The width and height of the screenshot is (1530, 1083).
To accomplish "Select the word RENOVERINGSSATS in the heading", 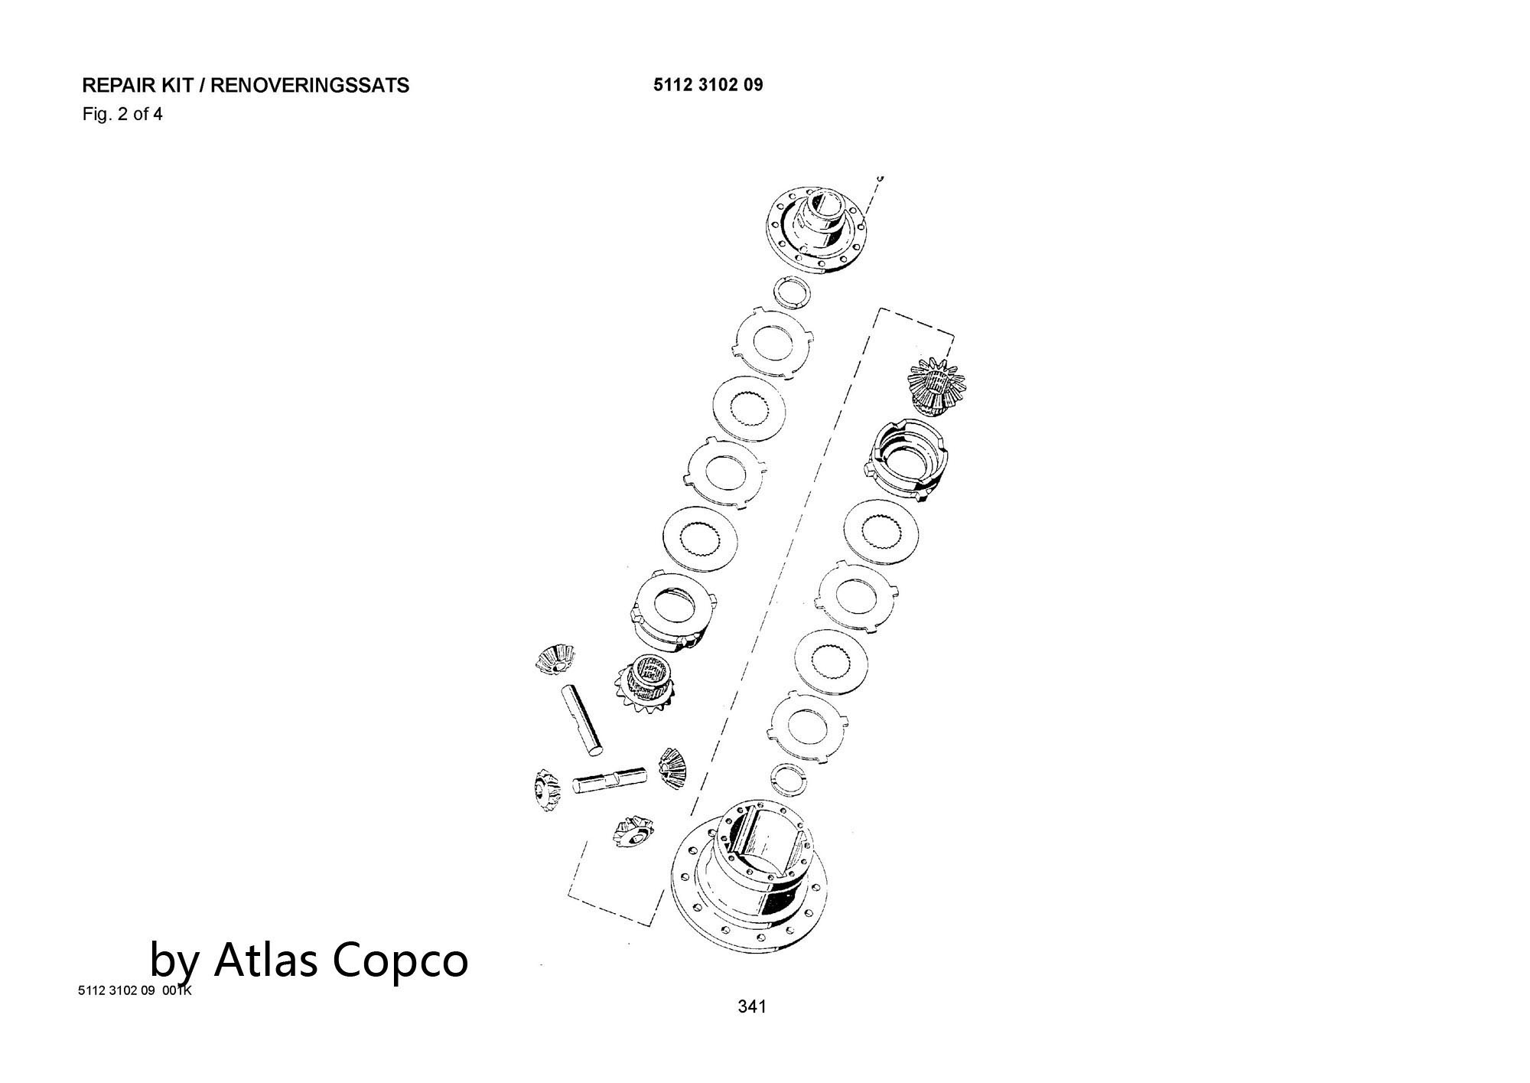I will [310, 85].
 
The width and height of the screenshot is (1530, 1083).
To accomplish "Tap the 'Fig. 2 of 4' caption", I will [122, 115].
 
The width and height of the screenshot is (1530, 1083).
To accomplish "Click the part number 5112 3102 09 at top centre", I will [708, 84].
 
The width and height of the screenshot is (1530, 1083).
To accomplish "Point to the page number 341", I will [752, 1006].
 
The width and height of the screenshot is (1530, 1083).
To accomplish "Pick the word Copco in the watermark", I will [402, 961].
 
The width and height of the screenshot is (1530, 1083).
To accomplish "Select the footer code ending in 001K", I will [135, 990].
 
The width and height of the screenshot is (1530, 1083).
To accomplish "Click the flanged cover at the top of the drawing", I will [819, 226].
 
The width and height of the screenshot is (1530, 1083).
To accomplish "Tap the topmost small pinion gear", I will [555, 659].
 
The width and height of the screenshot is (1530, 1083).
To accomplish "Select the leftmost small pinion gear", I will [545, 790].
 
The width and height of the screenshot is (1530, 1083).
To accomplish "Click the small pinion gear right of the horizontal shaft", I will [671, 770].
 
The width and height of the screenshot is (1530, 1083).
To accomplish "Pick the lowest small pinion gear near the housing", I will [634, 830].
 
